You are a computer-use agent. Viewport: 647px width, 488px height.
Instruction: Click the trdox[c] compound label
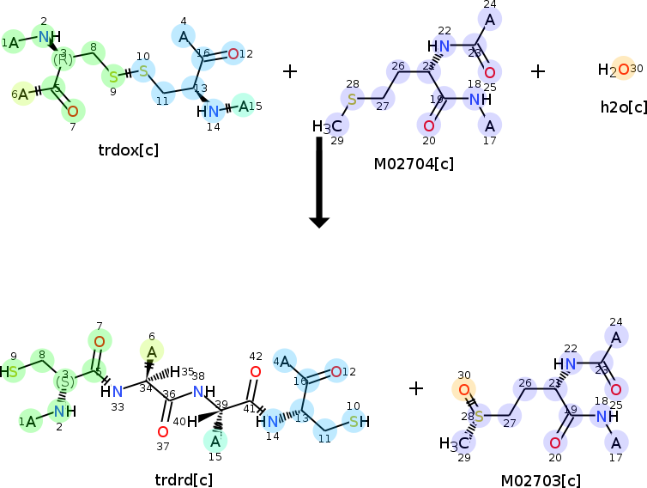click(129, 150)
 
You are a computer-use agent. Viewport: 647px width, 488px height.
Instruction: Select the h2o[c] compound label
click(624, 107)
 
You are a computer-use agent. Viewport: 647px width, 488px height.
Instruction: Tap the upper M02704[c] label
click(414, 163)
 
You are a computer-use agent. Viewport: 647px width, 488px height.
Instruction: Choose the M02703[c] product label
click(541, 480)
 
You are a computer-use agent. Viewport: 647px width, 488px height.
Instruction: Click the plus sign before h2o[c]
click(538, 70)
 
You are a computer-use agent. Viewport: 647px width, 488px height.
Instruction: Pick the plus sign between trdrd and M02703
click(416, 388)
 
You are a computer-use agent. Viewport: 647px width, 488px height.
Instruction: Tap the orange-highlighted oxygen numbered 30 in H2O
click(624, 70)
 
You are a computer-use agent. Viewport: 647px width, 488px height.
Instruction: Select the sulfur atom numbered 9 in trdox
click(112, 77)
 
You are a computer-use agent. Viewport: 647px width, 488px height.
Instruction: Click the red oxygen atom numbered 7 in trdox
click(73, 110)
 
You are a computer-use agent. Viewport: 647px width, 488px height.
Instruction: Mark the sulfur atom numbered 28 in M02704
click(351, 99)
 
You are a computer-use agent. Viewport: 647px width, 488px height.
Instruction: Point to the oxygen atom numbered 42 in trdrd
click(255, 372)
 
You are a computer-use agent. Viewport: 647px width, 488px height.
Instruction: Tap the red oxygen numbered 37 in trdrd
click(162, 431)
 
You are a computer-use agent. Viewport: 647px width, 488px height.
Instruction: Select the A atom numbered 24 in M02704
click(490, 19)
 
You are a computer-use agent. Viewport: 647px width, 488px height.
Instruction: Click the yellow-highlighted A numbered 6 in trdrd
click(151, 351)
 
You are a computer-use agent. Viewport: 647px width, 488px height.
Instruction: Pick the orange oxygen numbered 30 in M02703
click(464, 389)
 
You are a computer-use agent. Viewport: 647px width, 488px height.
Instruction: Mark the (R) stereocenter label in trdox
click(62, 59)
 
